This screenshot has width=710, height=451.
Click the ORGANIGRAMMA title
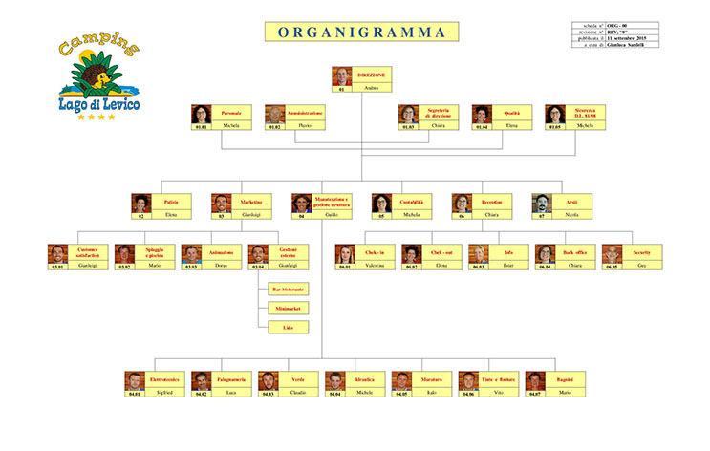362,32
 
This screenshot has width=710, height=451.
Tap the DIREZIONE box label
373,75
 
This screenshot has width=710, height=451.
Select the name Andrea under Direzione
373,88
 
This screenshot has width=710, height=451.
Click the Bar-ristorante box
288,289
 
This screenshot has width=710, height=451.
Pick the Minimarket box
288,308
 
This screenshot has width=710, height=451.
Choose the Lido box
288,327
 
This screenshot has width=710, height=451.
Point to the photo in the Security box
612,254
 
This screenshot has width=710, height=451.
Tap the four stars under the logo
96,117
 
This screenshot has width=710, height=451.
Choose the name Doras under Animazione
221,265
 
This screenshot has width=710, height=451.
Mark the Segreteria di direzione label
439,113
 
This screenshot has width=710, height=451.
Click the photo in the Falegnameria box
201,381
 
